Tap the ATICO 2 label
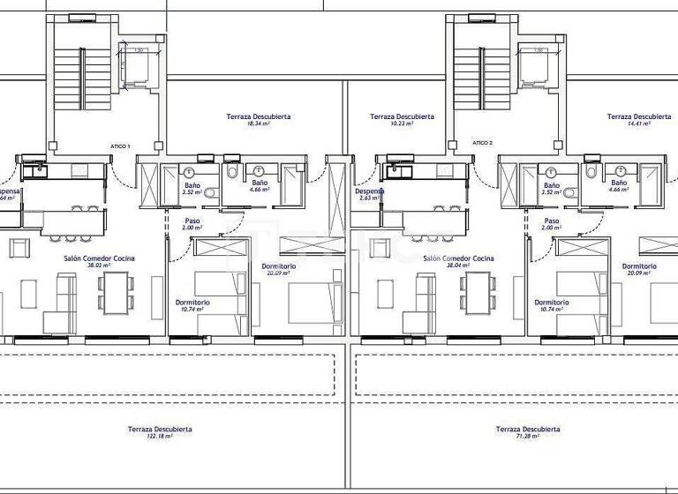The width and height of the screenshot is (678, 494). [x=482, y=142]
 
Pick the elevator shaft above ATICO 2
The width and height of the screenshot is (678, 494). [x=535, y=66]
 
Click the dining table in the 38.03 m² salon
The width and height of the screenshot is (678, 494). [x=117, y=291]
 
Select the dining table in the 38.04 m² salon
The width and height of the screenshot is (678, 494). [x=477, y=291]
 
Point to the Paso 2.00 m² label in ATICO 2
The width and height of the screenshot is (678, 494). [x=552, y=224]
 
